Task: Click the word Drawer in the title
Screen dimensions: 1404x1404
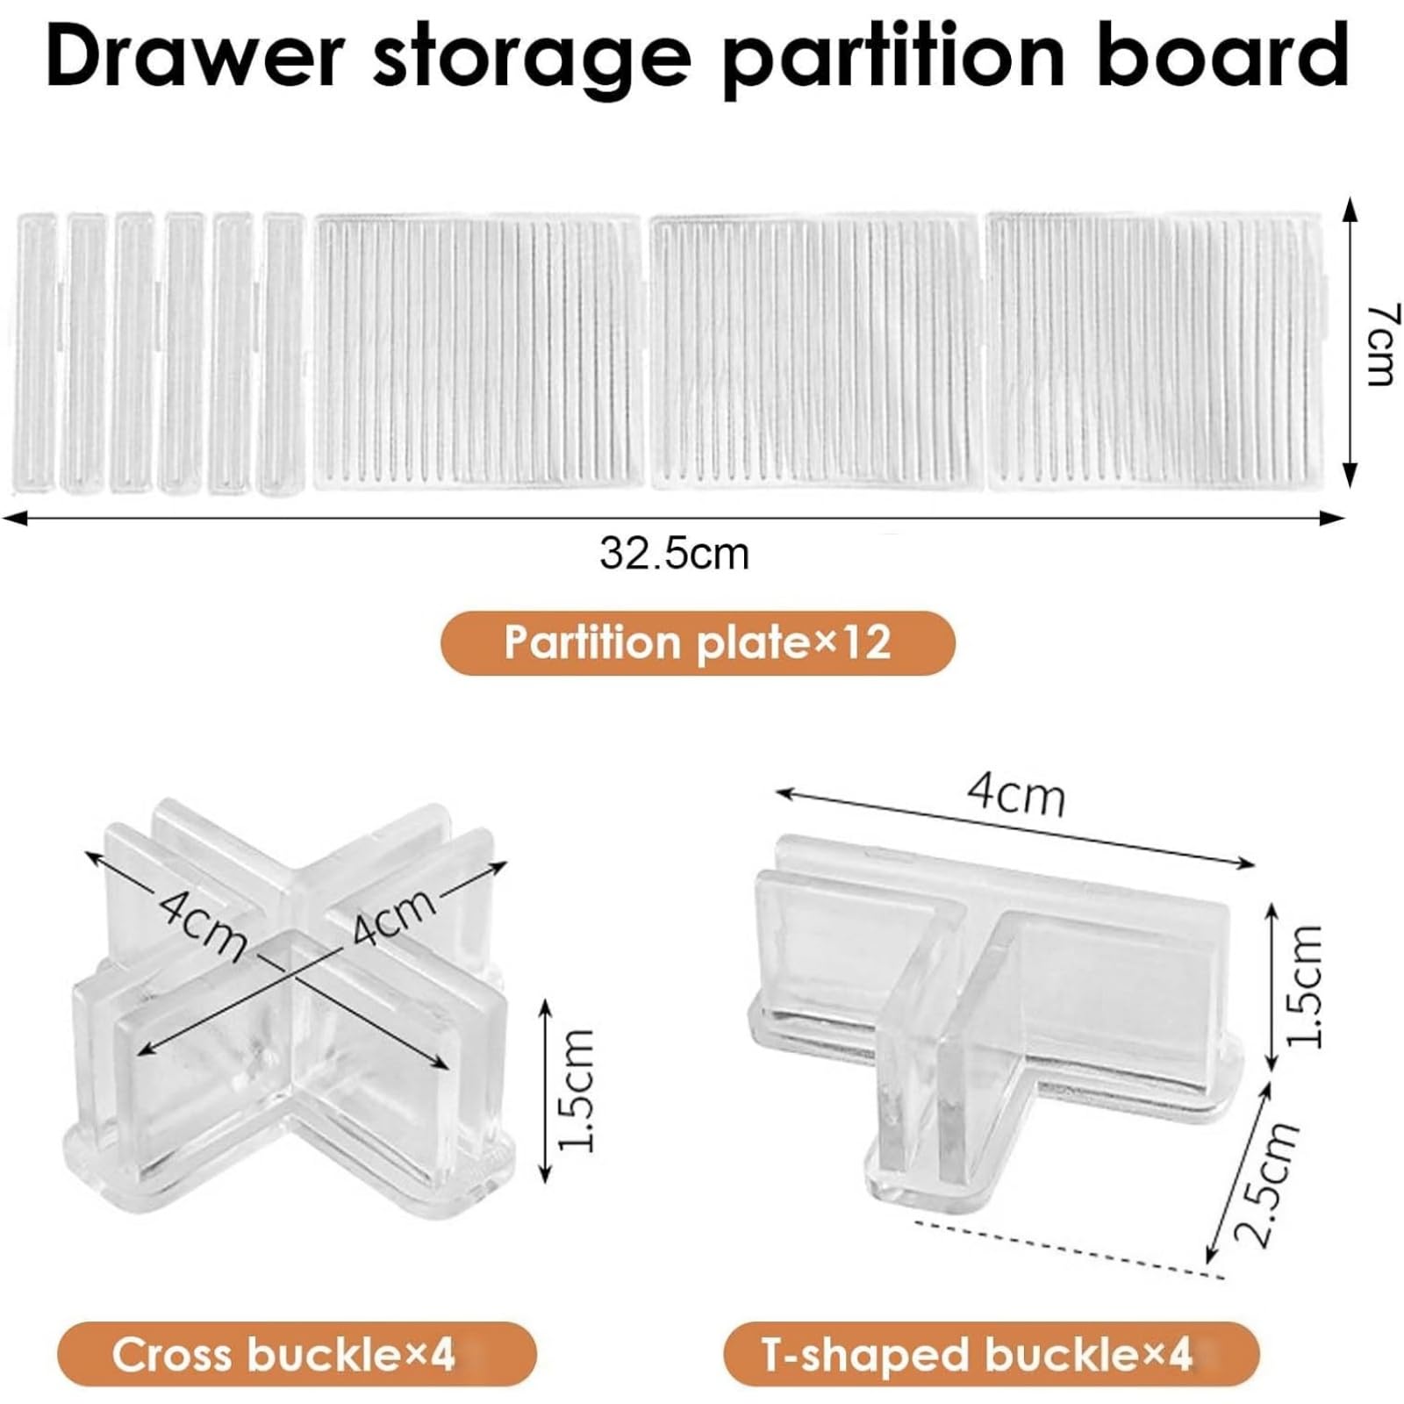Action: [x=194, y=55]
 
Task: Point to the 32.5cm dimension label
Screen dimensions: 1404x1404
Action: [x=674, y=554]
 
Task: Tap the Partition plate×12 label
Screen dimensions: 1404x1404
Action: [x=698, y=642]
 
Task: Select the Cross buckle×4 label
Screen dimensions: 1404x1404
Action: [x=283, y=1354]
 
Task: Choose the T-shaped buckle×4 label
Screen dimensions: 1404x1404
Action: [x=977, y=1355]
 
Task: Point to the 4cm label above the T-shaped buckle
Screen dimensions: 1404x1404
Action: [x=1016, y=795]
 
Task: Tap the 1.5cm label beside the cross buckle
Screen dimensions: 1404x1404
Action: [x=577, y=1091]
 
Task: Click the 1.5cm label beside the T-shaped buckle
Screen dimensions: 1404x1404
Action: [x=1302, y=985]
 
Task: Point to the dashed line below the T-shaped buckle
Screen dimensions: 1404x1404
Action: [x=1069, y=1248]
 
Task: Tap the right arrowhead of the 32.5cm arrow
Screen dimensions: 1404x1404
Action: [x=1332, y=518]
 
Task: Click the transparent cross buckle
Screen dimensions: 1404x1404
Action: [x=290, y=1000]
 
